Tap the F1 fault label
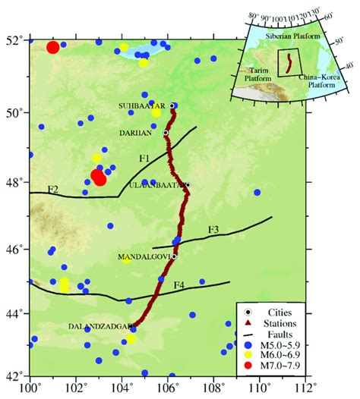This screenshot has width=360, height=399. [145, 159]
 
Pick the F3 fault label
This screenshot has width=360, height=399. [213, 229]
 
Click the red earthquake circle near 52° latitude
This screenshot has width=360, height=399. [52, 48]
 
